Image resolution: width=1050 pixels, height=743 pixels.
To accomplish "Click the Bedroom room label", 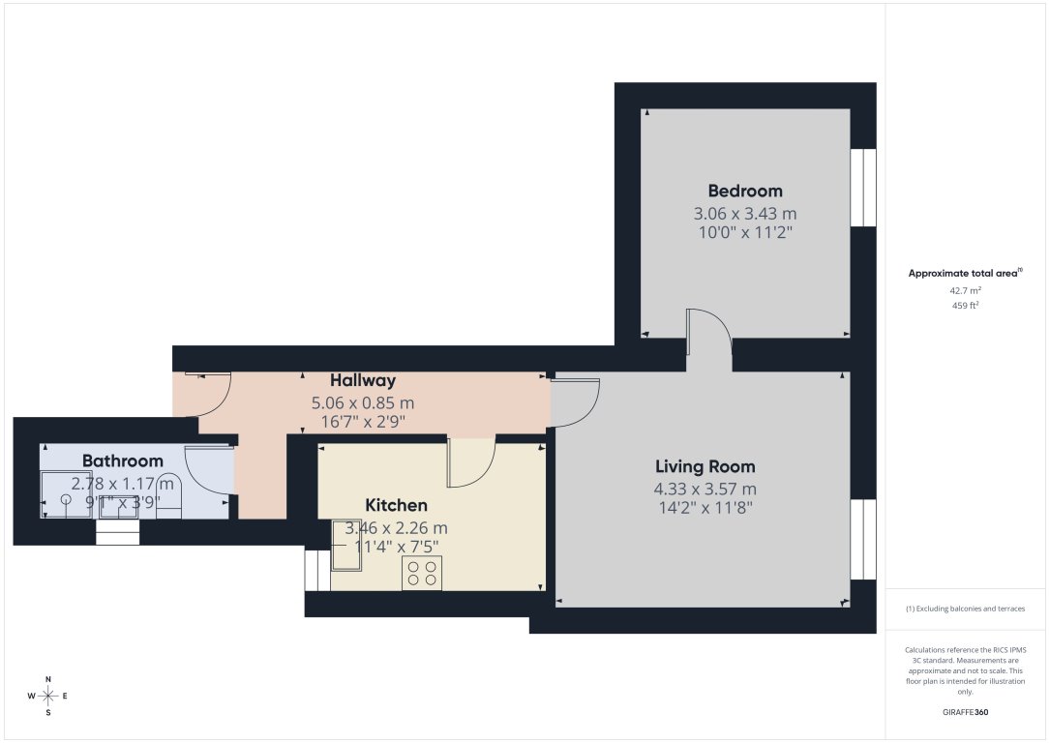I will pos(745,191).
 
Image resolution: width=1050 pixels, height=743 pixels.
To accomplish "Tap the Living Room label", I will pos(705,466).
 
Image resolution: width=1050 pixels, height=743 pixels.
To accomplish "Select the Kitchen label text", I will pos(396,505).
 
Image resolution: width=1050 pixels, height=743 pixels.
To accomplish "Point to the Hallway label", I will pos(362,380).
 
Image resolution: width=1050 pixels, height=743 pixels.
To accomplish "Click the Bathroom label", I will pos(122,461).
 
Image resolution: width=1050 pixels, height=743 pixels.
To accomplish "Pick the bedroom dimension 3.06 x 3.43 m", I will pos(745,214).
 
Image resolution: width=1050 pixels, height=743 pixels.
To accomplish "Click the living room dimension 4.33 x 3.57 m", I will pos(705,490).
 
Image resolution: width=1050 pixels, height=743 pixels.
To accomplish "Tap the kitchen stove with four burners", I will pos(422,573).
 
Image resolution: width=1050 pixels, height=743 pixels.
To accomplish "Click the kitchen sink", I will pos(346,545).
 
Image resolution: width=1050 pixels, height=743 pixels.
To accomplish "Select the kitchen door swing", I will pos(470,462).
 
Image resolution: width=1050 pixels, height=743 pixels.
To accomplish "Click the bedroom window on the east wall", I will pos(862,188).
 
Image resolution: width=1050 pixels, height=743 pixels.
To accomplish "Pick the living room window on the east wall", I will pos(862,540).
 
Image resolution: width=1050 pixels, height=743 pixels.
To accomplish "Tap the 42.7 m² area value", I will pos(964,289).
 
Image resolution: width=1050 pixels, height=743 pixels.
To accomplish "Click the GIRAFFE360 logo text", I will pos(965,711).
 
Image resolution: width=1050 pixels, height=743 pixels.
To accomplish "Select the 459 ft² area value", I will pos(964,305).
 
